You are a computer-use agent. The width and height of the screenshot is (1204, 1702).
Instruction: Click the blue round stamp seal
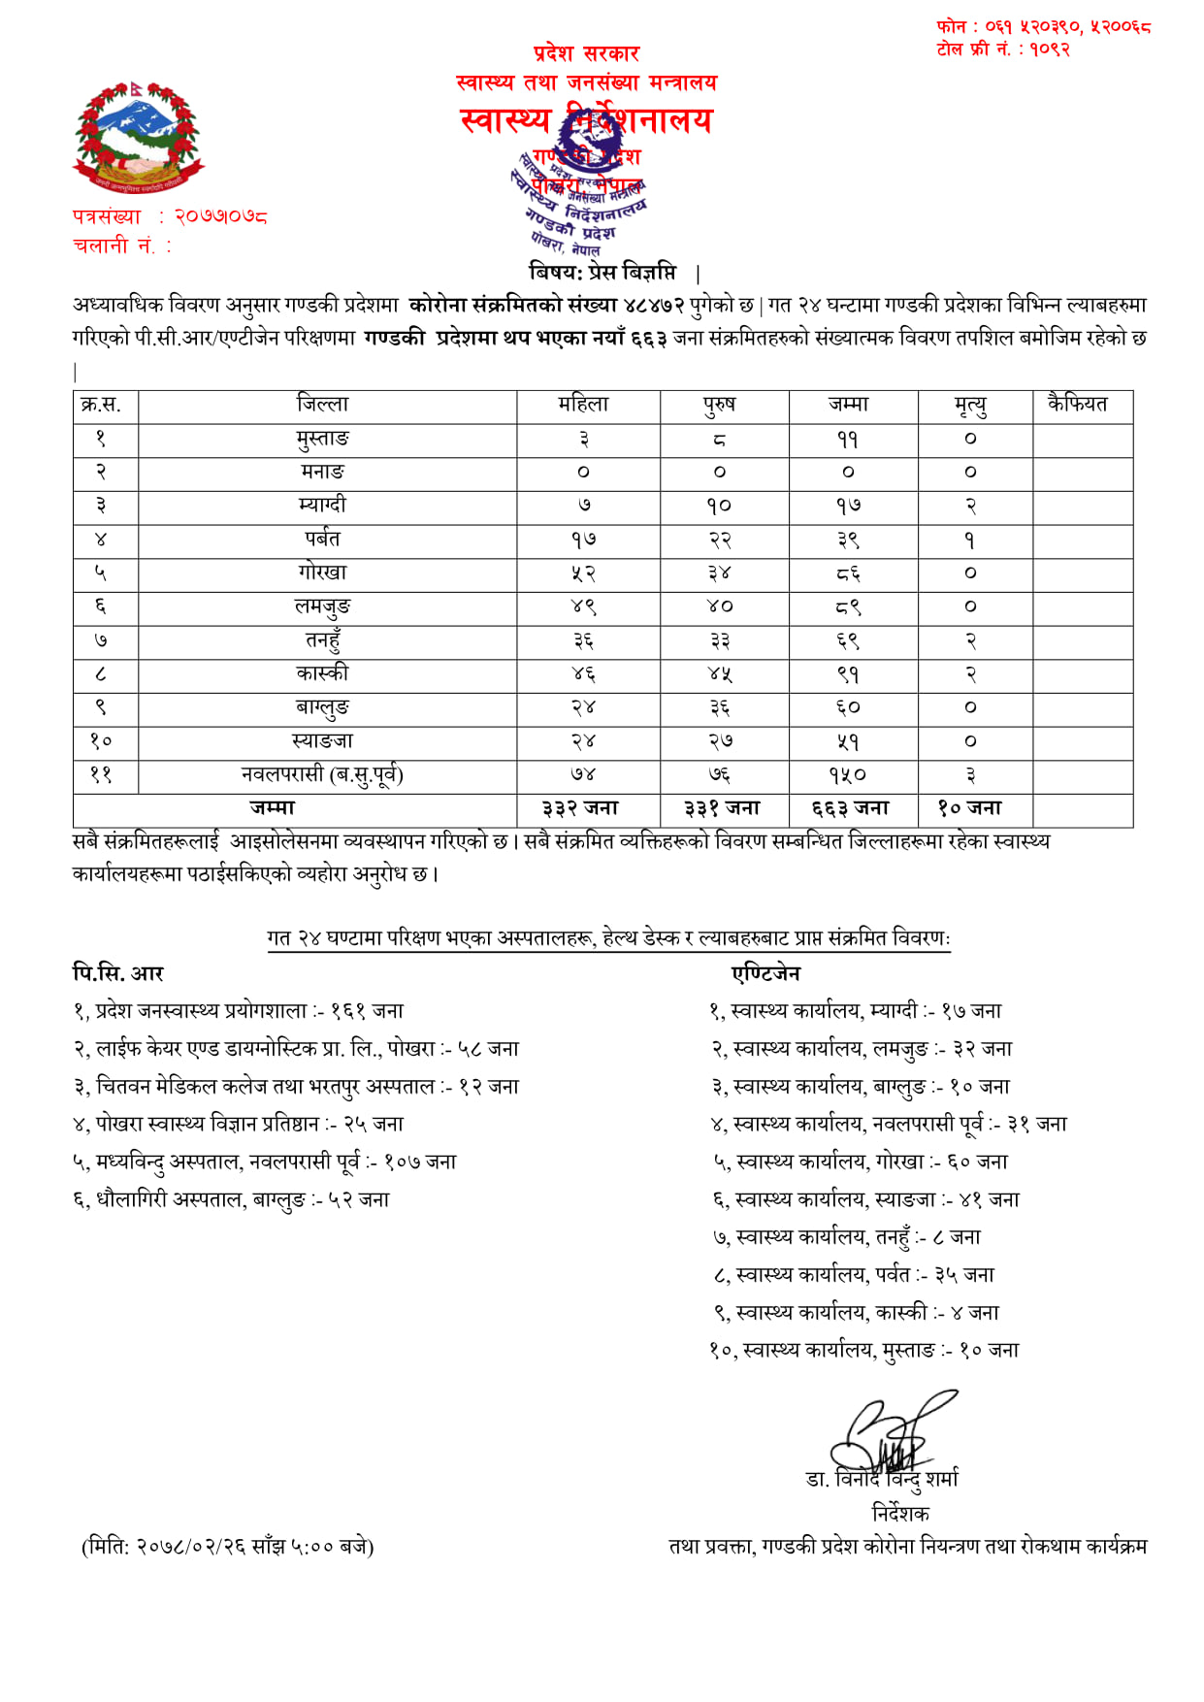(x=580, y=184)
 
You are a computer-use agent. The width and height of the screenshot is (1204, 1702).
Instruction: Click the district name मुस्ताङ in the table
(x=323, y=439)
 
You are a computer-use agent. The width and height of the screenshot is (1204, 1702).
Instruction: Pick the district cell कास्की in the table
(x=323, y=673)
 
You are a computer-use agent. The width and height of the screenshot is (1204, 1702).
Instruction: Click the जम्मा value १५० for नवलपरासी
(x=847, y=775)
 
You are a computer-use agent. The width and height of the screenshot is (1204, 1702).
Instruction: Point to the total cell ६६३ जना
(x=851, y=808)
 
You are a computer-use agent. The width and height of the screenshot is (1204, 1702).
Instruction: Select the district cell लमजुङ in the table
(x=323, y=607)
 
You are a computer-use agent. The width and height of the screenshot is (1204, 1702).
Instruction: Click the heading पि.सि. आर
(x=118, y=972)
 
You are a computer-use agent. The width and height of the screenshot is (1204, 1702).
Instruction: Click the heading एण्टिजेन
(x=765, y=972)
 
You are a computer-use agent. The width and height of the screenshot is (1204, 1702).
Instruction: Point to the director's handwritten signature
(x=888, y=1434)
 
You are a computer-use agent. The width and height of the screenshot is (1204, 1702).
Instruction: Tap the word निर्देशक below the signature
(x=900, y=1513)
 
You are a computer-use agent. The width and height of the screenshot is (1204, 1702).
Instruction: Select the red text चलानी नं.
(x=121, y=246)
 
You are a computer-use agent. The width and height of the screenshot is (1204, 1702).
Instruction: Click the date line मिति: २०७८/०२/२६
(x=228, y=1547)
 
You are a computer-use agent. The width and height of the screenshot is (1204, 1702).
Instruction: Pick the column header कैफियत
(x=1077, y=405)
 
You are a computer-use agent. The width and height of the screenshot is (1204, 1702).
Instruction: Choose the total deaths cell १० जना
(x=969, y=808)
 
